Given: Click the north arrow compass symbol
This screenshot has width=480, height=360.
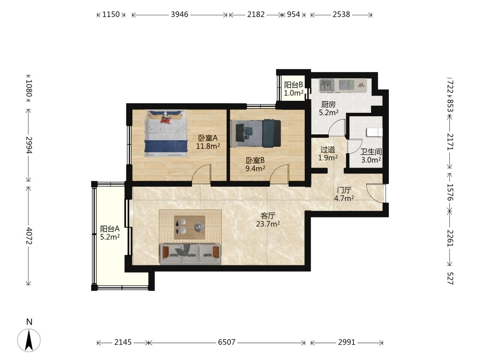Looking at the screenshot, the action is coord(29,339).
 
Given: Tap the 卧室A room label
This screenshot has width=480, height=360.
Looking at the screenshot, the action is coord(208,138).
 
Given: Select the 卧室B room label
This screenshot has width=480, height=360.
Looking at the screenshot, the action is coord(255,160).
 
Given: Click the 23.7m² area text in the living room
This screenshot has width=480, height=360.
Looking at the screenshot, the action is coord(268,224).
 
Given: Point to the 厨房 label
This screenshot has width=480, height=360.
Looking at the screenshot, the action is coord(328,104).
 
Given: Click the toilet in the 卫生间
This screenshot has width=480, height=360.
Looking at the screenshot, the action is coord(374,132).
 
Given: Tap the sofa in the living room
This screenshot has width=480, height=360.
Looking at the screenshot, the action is coord(190,254).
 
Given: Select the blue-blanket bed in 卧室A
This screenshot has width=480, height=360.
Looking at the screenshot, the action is coord(166,133).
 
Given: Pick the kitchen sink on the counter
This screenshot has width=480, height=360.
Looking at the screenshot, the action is coord(326,85).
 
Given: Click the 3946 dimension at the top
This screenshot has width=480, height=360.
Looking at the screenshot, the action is coord(180,14).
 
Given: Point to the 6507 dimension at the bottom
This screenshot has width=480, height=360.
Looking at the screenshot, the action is coord(227,342).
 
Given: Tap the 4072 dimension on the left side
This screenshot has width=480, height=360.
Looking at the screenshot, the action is coord(29,236).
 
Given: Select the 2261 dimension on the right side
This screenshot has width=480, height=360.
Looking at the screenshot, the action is coord(450,238).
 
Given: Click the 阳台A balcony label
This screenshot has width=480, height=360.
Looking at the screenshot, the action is coord(110,228).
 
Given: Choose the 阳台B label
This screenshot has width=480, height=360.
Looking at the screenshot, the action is coord(294,85).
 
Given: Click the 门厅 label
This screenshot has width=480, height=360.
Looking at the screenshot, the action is coord(344,191).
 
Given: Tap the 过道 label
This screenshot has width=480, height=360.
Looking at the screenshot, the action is coord(328,150).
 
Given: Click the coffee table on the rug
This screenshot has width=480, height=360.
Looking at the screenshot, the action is coord(190,227).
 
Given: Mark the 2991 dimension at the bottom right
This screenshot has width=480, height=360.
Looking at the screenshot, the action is coord(347,342).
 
